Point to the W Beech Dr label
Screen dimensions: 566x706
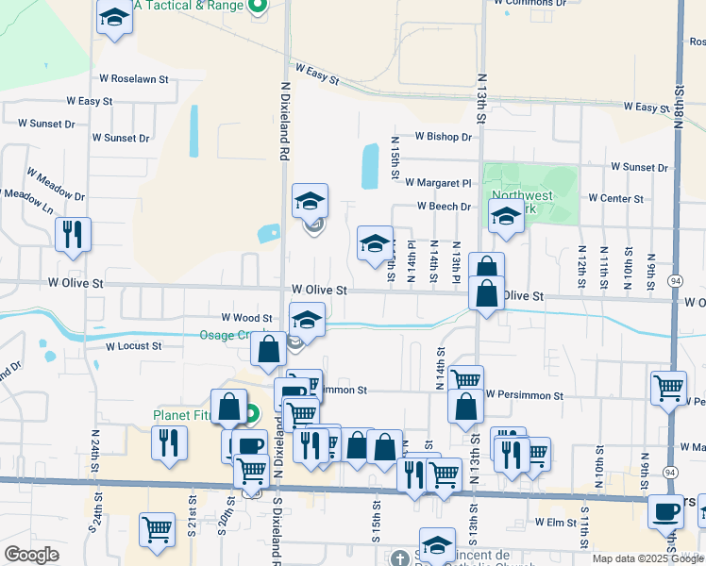445,208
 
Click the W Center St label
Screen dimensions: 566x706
615,199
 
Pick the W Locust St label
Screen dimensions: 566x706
134,346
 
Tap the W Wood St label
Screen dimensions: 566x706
246,319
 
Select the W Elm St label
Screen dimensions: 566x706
555,522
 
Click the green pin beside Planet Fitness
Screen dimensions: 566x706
252,414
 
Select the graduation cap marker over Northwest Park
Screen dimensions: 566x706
506,218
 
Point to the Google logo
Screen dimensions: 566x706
31,555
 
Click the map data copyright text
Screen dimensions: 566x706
647,558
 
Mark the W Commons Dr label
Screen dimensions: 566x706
530,3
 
